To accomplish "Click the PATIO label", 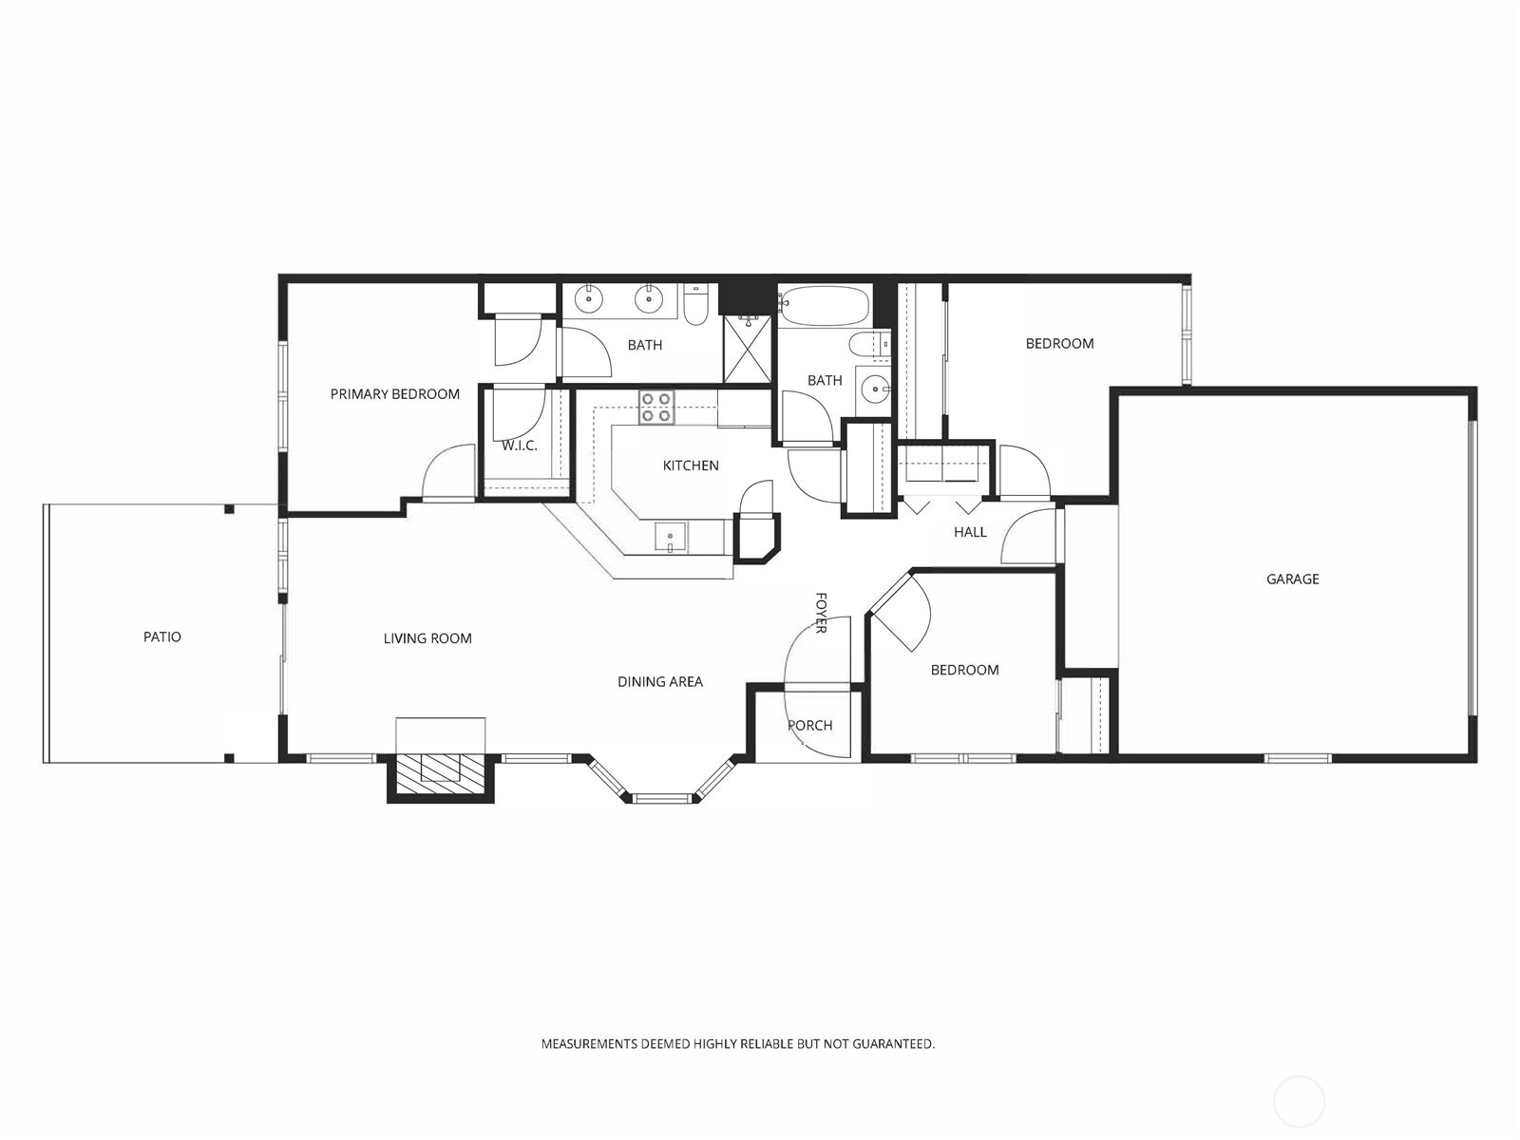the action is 162,636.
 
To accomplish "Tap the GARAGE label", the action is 1292,579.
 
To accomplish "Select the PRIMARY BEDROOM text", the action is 394,394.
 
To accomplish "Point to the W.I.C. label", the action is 519,446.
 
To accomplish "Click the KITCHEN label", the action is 691,465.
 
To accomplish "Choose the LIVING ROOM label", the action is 427,638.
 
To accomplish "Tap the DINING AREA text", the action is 660,682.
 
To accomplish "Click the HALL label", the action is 970,532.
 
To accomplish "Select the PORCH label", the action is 809,726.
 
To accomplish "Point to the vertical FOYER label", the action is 821,613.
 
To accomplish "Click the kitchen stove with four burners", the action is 656,407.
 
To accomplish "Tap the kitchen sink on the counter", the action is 671,538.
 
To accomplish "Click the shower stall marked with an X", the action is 747,349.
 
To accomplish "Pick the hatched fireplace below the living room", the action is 441,776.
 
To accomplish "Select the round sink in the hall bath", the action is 875,390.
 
